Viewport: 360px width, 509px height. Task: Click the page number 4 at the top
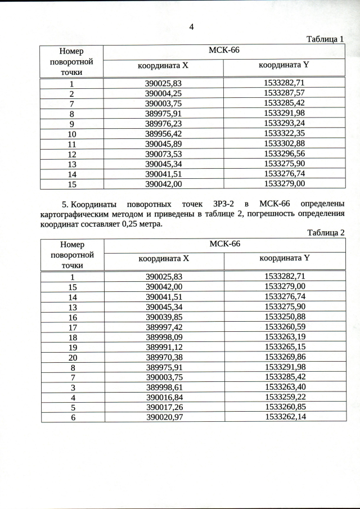[x=191, y=27]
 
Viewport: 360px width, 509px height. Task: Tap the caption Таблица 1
[x=325, y=39]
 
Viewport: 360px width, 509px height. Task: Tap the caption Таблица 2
[x=325, y=232]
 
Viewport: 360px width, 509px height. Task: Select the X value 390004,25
[x=164, y=93]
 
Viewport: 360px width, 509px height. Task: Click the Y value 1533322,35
[x=284, y=134]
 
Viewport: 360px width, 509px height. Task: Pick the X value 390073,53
[x=164, y=154]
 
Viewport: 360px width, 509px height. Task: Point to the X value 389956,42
[x=164, y=134]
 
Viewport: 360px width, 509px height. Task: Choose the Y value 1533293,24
[x=284, y=124]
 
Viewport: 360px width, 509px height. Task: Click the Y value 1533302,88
[x=284, y=144]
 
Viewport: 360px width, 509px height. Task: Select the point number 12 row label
[x=72, y=154]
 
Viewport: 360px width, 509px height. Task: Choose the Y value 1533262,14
[x=285, y=417]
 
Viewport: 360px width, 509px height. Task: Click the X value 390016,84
[x=164, y=397]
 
